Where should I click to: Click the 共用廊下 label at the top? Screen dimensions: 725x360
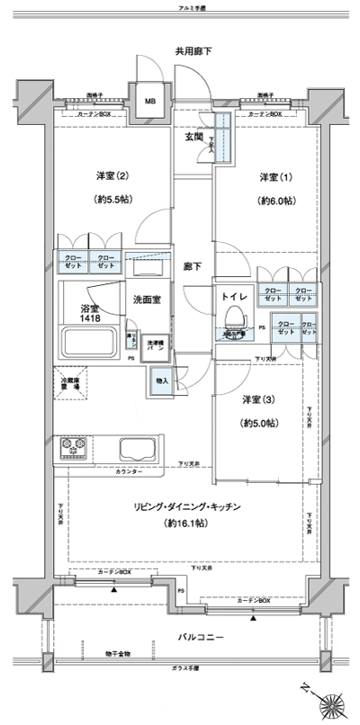(193, 51)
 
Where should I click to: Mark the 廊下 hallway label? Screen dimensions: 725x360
(193, 267)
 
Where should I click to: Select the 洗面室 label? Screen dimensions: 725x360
(147, 299)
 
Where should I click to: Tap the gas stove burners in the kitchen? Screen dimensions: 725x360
(75, 448)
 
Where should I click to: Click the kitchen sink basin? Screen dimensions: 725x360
(137, 448)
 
